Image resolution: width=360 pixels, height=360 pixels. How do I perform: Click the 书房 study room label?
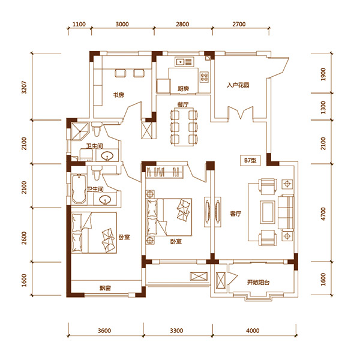click(118, 95)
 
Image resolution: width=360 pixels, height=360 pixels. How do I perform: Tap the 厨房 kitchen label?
click(183, 89)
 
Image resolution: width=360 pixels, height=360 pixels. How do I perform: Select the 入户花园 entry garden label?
click(238, 85)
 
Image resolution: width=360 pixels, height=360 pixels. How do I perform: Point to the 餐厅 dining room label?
click(183, 104)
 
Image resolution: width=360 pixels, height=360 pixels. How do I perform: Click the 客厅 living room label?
click(236, 214)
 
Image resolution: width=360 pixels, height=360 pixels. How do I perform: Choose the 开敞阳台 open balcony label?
click(258, 282)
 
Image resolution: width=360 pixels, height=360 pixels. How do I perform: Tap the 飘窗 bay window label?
click(105, 288)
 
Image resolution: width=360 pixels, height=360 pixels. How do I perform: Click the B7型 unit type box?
click(250, 160)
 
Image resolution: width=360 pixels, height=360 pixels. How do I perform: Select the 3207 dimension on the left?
click(24, 87)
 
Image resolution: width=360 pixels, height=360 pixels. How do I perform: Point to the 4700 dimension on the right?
click(323, 214)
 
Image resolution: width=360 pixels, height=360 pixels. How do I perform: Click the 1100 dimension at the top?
click(79, 24)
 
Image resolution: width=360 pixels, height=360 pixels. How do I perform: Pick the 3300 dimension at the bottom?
click(176, 331)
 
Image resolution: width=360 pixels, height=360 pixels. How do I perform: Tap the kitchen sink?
click(184, 62)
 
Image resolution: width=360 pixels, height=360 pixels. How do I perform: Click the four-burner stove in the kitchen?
click(204, 77)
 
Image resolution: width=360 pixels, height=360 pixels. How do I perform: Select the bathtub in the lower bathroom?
click(79, 189)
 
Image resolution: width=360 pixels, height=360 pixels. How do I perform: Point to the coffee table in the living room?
click(268, 212)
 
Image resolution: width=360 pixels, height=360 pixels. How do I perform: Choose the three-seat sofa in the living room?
click(286, 212)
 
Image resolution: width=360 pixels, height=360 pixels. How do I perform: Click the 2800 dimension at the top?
click(182, 24)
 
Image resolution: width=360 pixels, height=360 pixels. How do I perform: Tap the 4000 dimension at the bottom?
click(253, 331)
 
